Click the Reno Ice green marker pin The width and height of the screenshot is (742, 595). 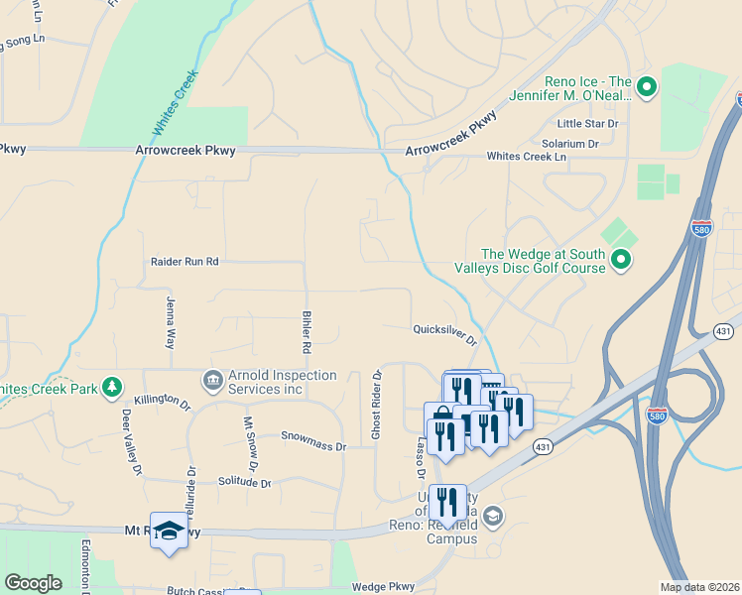[x=647, y=88]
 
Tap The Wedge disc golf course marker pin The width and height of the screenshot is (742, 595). [x=621, y=261]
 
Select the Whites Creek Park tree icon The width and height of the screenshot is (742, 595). [x=114, y=386]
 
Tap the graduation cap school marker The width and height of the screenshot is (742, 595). [x=169, y=530]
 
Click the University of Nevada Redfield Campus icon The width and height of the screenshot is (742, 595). [x=494, y=516]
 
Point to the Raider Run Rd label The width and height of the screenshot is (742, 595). [x=184, y=262]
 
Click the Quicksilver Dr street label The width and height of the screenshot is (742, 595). [x=444, y=333]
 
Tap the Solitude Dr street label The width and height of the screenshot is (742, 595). [x=244, y=482]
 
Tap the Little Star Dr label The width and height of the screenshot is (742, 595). [x=587, y=124]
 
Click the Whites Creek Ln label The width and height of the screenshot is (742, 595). [x=526, y=157]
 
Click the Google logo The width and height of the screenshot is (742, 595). [x=33, y=583]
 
